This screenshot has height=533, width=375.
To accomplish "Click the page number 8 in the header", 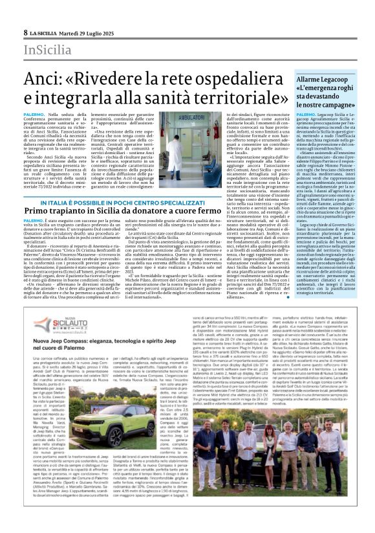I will [25, 32].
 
